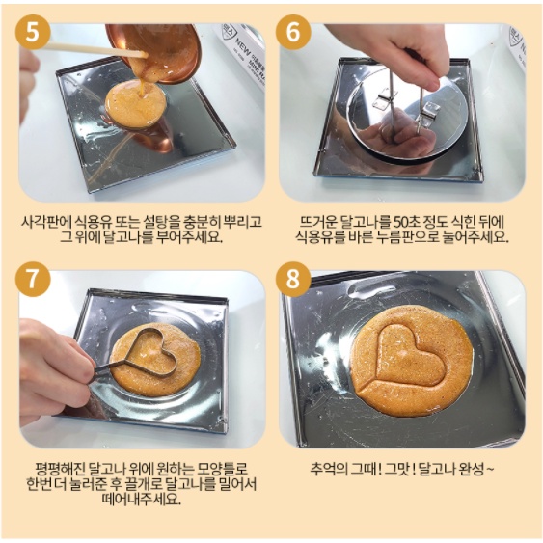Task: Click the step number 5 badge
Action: (x=33, y=33)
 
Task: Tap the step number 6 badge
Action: (x=293, y=32)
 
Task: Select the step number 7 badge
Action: (x=33, y=280)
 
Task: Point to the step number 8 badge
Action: (x=293, y=279)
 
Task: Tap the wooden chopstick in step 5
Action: (x=97, y=50)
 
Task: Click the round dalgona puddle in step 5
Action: (x=136, y=103)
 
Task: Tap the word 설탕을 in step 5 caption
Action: (x=154, y=222)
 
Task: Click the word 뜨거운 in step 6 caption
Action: (x=318, y=222)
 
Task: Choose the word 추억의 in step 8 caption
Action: (x=328, y=470)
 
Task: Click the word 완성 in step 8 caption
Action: (x=471, y=470)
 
